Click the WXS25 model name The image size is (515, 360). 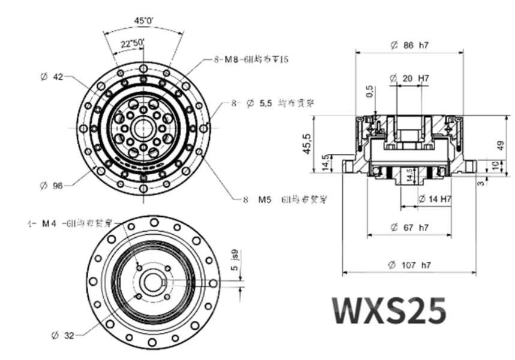390,309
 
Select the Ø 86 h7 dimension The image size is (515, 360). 409,46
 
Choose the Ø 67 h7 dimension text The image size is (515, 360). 409,228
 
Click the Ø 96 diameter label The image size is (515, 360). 52,186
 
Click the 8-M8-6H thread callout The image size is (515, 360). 251,60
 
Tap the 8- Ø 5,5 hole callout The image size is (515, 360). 273,103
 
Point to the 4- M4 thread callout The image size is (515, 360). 70,223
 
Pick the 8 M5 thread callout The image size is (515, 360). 288,198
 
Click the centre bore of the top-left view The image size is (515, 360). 143,128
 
